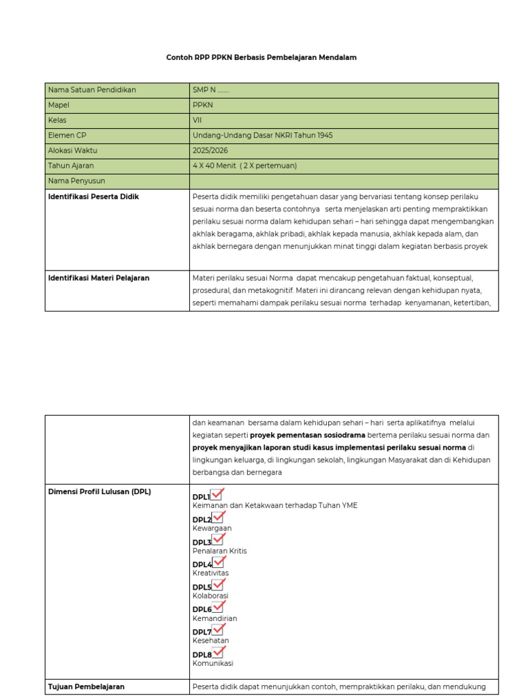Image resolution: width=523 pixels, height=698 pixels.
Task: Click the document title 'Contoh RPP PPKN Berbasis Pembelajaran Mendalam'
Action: coord(261,58)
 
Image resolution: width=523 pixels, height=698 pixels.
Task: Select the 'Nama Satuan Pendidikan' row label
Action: coord(92,90)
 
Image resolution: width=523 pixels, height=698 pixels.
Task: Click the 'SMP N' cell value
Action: coord(210,90)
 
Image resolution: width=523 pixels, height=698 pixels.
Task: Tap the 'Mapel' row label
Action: coord(59,106)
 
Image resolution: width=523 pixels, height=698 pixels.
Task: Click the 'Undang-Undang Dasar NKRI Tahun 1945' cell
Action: coord(262,136)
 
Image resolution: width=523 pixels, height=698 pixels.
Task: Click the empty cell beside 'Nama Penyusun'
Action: coord(343,181)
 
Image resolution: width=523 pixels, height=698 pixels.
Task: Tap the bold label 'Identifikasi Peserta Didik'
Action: coord(93,197)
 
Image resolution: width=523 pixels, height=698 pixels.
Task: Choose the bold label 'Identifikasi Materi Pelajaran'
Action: coord(99,278)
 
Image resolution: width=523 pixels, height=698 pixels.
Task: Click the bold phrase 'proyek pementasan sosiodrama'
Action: coord(308,435)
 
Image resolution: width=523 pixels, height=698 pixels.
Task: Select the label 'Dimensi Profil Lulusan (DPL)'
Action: coord(99,492)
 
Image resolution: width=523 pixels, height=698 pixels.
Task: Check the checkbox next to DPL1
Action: coord(217,495)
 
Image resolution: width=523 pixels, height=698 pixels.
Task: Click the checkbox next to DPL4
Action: coord(218,562)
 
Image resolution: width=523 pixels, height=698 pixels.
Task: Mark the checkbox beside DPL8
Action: coord(218,652)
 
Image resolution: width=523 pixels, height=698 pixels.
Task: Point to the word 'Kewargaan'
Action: coord(212,528)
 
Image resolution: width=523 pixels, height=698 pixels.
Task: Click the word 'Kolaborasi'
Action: coord(210,596)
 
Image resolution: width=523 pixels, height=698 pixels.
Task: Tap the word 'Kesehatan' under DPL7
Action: coord(210,641)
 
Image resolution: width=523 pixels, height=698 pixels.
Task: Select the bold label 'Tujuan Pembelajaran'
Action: coord(86,686)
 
